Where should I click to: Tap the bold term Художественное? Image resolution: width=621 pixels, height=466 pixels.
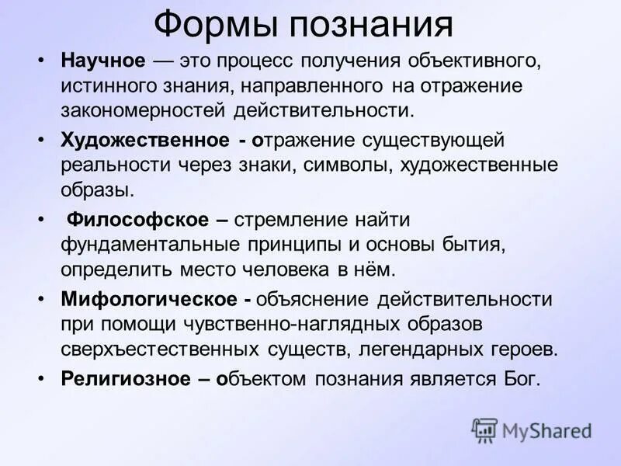tap(144, 141)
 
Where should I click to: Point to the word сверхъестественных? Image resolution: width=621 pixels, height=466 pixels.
tap(173, 349)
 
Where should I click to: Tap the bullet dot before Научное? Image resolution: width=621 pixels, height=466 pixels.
tap(41, 61)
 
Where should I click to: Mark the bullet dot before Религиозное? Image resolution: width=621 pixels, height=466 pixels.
tap(41, 380)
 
